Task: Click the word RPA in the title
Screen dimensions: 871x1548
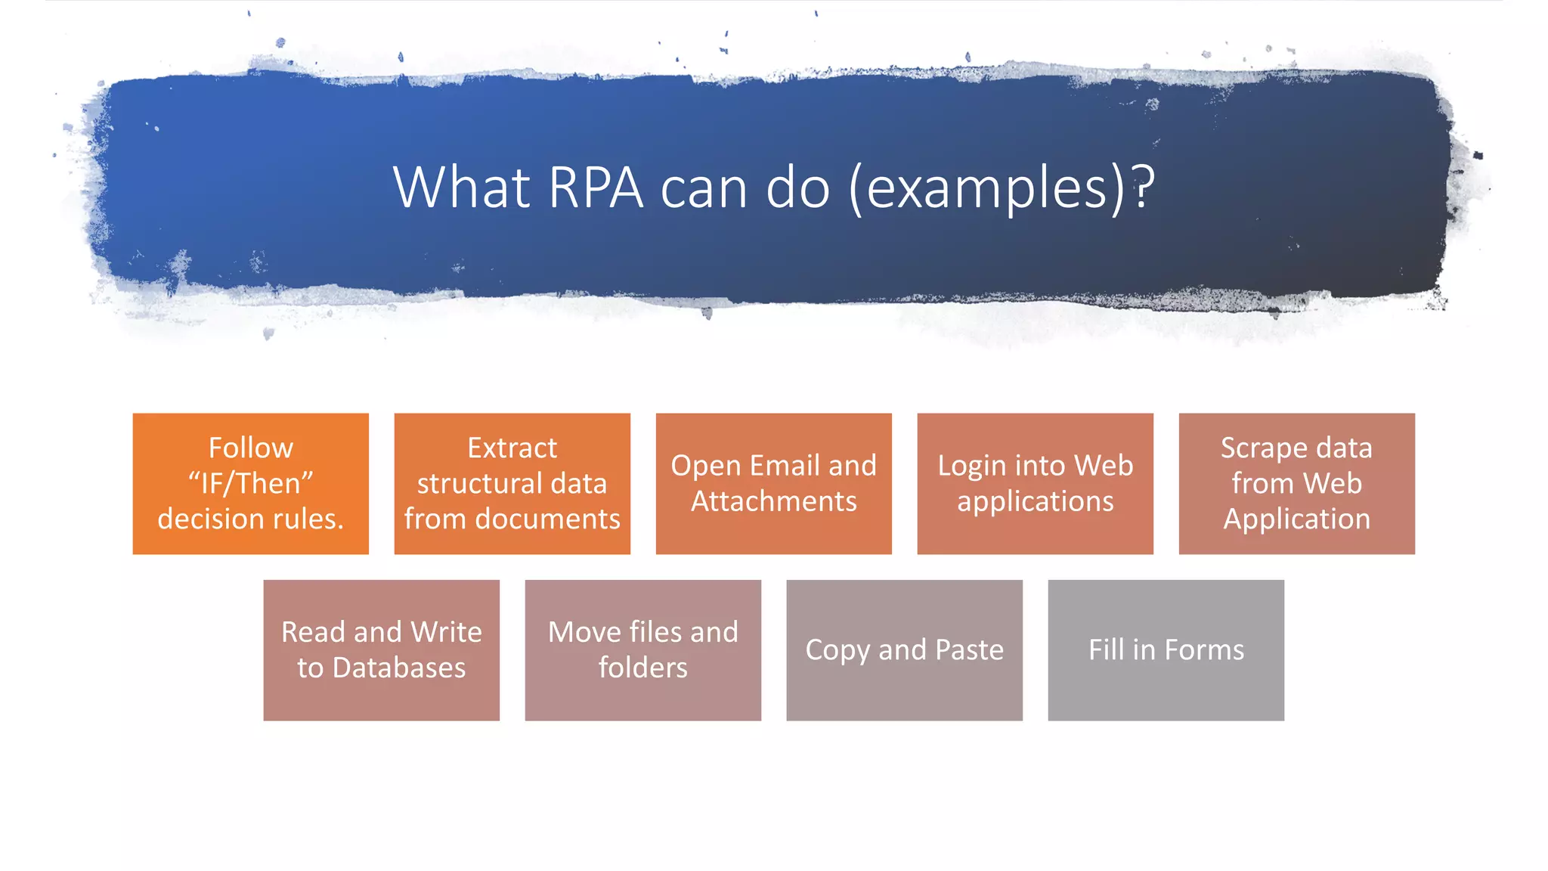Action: coord(596,188)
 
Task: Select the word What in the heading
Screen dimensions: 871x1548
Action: coord(461,188)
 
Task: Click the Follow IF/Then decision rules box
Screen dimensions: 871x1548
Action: coord(250,484)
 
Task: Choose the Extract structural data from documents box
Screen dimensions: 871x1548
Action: coord(512,484)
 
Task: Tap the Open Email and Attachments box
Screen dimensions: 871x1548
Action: coord(773,484)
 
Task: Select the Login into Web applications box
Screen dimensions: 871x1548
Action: coord(1035,484)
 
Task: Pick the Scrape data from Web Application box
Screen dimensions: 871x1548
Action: coord(1296,484)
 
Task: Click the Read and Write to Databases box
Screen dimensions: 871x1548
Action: coord(381,650)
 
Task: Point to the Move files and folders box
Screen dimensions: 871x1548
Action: coord(642,650)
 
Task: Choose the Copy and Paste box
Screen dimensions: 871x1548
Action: coord(904,650)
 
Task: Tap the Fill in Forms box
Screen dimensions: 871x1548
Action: coord(1166,650)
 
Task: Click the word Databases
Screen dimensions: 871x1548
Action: coord(398,668)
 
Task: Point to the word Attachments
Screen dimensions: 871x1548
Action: coord(773,501)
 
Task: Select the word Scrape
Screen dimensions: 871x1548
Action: coord(1258,448)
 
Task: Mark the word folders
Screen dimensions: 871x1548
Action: coord(642,668)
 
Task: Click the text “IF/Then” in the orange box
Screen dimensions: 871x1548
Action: coord(250,484)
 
